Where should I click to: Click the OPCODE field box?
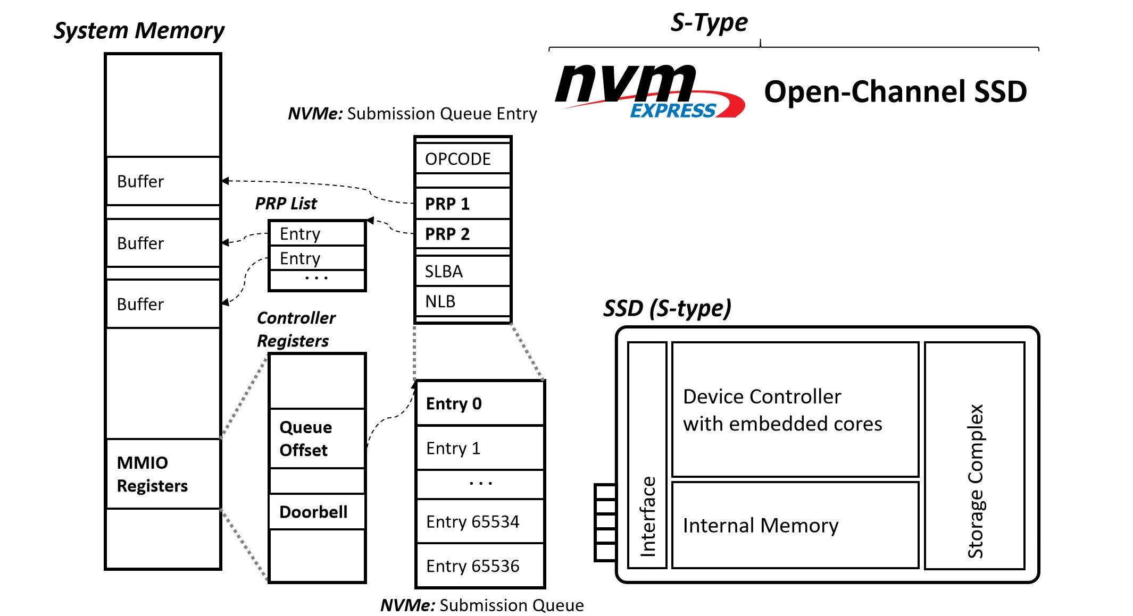coord(462,158)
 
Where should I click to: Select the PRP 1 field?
coord(462,204)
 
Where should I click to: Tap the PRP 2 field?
coord(462,234)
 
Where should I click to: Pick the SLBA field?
coord(462,271)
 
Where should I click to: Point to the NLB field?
coord(462,301)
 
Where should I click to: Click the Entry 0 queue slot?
coord(480,403)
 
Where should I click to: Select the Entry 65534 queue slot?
coord(480,521)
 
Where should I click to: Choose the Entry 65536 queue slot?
coord(480,566)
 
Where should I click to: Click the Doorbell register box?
coord(317,512)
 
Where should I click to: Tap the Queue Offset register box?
coord(317,438)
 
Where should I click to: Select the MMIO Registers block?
coord(163,474)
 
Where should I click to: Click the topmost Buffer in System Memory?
coord(163,181)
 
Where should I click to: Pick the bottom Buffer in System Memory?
coord(163,304)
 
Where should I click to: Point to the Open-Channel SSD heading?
coord(895,91)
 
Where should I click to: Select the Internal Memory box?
coord(795,525)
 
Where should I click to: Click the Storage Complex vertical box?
coord(974,455)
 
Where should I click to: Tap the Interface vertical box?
coord(647,455)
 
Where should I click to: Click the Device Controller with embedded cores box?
coord(795,410)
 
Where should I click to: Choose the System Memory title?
coord(139,30)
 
